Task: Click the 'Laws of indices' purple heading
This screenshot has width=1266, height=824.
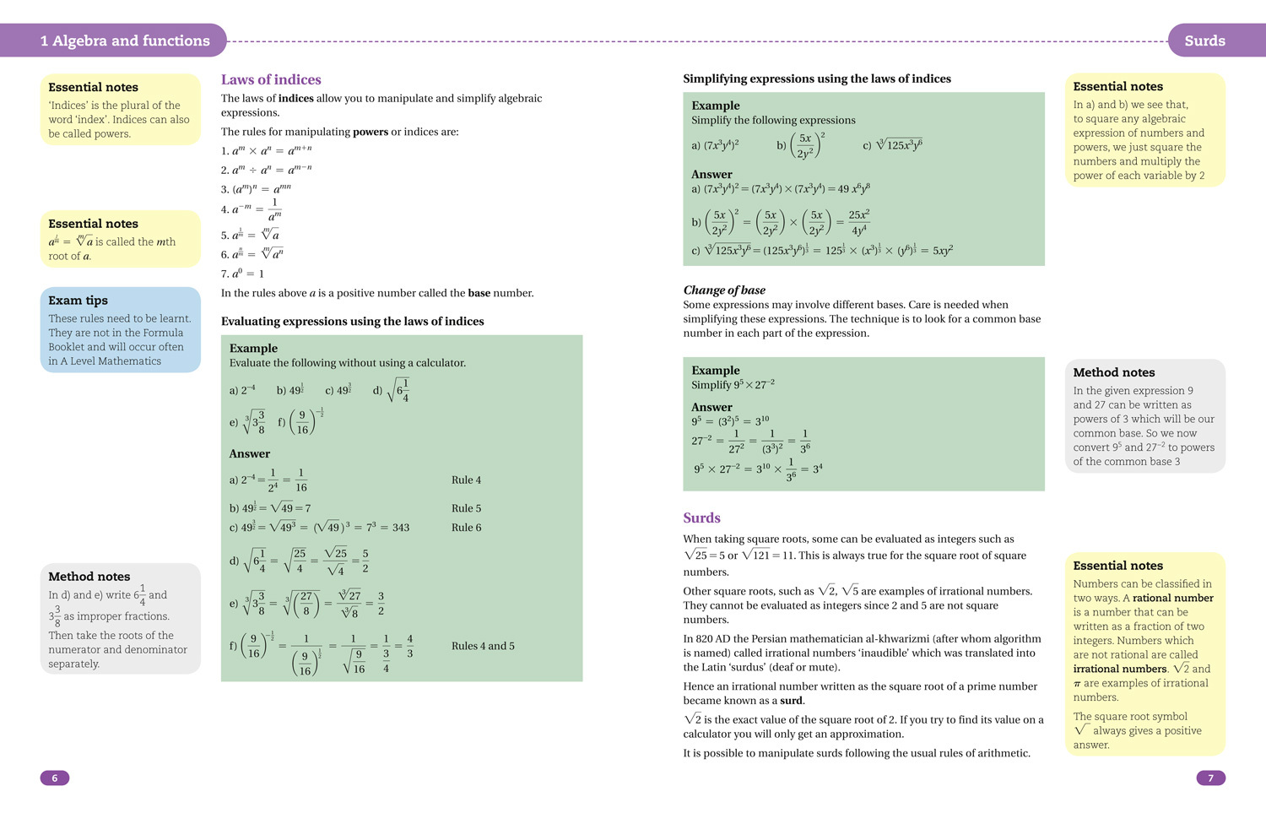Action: click(x=271, y=79)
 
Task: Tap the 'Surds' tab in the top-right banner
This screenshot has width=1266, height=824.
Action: click(x=1204, y=41)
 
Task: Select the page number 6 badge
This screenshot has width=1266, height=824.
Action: click(x=55, y=778)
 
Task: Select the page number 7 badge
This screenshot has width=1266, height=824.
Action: click(x=1210, y=778)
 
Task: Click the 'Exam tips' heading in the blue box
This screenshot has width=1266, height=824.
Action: click(x=78, y=301)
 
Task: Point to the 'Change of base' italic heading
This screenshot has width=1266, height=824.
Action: click(x=724, y=290)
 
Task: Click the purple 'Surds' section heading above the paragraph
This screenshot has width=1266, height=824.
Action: click(x=701, y=518)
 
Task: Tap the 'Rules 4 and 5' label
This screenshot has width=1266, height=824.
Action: click(x=483, y=646)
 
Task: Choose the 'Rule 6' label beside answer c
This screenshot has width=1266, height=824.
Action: click(x=466, y=528)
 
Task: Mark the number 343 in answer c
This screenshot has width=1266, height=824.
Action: click(x=401, y=528)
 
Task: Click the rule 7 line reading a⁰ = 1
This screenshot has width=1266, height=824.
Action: click(x=242, y=274)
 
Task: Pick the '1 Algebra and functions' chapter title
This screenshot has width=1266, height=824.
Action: click(x=125, y=41)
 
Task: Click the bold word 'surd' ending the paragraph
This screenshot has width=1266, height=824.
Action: click(x=791, y=701)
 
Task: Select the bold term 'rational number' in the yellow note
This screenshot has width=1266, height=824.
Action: click(x=1172, y=598)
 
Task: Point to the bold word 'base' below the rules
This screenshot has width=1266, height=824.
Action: click(x=479, y=293)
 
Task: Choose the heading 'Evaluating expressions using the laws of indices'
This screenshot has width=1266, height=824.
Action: click(x=352, y=321)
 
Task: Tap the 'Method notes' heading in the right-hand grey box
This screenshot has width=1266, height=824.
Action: click(x=1113, y=372)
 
